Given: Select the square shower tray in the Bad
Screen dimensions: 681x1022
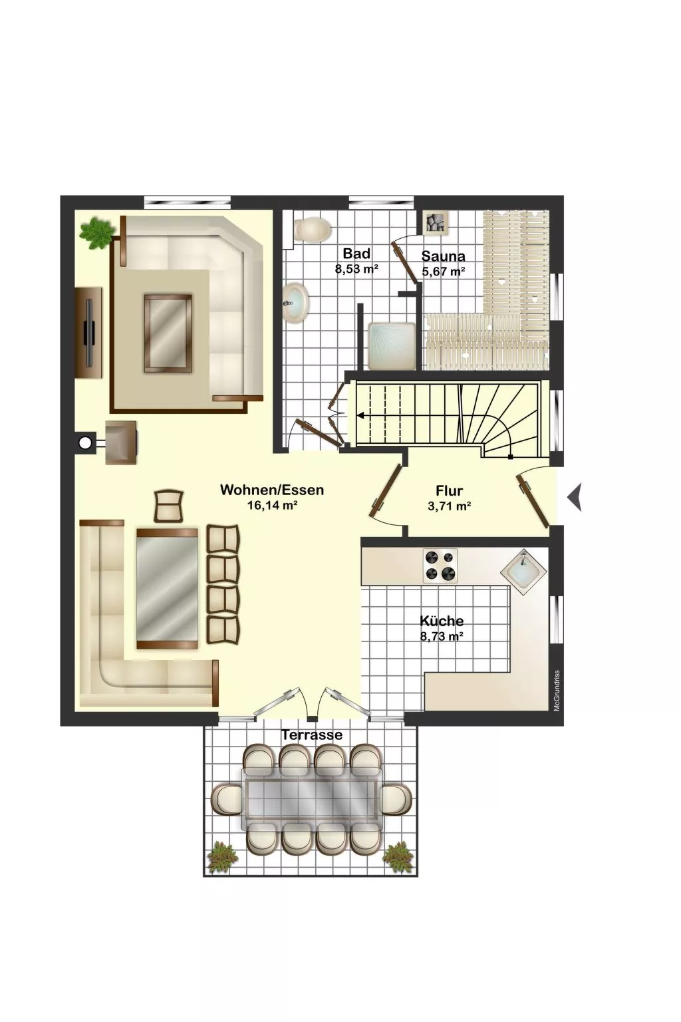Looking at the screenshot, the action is coord(391,346).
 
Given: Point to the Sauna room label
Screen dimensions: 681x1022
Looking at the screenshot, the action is coord(443,256).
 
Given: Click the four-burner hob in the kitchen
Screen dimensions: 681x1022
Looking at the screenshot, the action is coord(440,566).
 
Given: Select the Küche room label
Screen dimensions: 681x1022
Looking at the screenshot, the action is coord(442,621).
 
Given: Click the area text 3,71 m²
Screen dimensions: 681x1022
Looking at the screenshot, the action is coord(450,506).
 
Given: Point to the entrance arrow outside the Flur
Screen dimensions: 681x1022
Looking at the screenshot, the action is coord(575,497).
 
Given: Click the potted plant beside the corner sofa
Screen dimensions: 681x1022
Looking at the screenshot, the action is coord(96,234).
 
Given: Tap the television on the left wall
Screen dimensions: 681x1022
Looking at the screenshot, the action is coord(90,332).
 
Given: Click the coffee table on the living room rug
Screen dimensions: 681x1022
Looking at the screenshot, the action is coord(168,333).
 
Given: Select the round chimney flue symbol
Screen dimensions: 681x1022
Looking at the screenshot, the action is coord(84,442).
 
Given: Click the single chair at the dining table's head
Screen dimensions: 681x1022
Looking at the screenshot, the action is coord(169,506).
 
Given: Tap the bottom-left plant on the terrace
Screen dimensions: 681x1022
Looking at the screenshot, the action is coord(223,858).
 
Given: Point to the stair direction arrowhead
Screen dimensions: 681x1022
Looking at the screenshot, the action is coord(360,415).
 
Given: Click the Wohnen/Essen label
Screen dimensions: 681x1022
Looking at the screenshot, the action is coord(272,490).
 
